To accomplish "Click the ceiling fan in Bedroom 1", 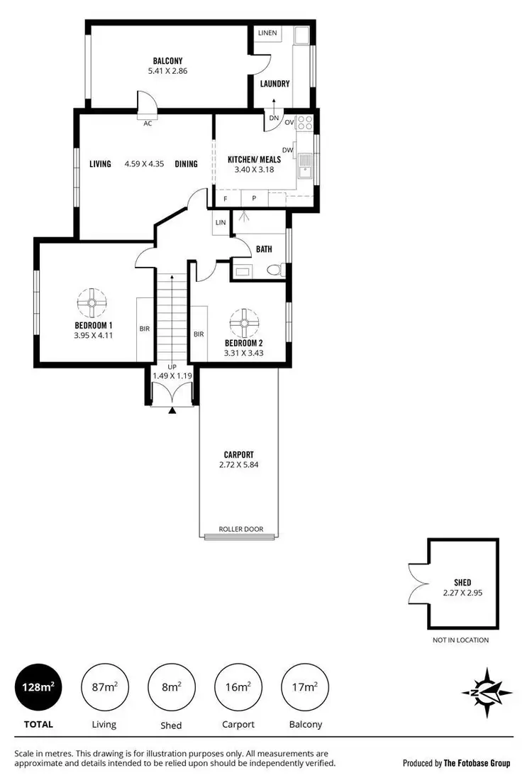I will coord(92,303).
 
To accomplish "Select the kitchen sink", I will coord(306,166).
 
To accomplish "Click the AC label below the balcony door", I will coord(148,124).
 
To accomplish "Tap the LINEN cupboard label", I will coord(267,33).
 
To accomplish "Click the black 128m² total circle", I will coord(37,687).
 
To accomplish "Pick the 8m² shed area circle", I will coord(170,687).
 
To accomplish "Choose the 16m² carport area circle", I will coord(237,687).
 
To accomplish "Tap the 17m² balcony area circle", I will coord(304,687).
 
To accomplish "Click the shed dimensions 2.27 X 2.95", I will coord(462,593).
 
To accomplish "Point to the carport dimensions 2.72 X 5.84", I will coord(238,465).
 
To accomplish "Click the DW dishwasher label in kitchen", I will coord(287,150).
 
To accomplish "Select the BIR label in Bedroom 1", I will coord(144,329).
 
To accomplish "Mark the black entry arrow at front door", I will coord(171,410).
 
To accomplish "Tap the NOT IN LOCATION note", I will coord(461,640).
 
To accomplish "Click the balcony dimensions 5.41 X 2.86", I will coord(168,71).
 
